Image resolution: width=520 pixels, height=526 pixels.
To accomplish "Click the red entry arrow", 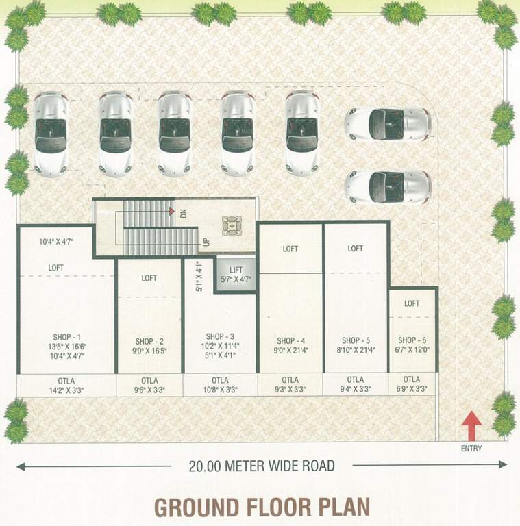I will pos(471,426).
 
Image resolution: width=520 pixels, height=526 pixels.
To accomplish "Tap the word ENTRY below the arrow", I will pos(471,449).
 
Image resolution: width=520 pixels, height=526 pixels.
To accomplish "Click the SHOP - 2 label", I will pos(149,341).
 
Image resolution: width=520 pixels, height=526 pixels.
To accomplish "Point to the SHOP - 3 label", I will pos(220,336).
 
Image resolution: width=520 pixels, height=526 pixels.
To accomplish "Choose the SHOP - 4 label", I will pos(290,340).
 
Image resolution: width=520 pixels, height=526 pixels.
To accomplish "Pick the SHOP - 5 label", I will pos(355,340).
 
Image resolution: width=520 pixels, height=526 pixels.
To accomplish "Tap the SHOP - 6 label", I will pos(412,340).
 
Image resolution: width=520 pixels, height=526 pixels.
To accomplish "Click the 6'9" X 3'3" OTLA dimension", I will pos(412,389).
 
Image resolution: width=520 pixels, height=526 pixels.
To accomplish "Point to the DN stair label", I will pos(183,213).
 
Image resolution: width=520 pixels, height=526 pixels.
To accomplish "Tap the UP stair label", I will pos(206,242).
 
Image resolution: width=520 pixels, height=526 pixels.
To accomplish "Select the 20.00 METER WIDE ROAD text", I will pos(262,466).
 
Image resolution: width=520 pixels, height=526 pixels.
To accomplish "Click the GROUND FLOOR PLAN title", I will pos(262,508).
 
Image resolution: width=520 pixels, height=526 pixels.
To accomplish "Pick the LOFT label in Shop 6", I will pos(412,303).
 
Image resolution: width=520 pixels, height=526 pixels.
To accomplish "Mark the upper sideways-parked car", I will pos(388,123).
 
